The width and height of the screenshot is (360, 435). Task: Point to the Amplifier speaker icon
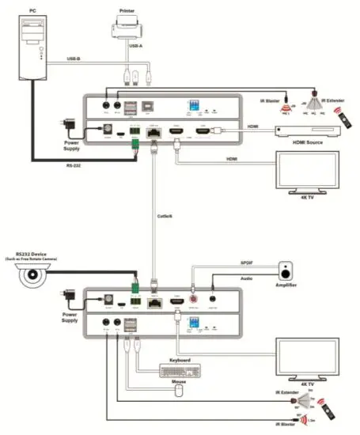pyautogui.click(x=284, y=271)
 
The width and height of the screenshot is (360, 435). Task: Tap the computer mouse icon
pyautogui.click(x=179, y=390)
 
